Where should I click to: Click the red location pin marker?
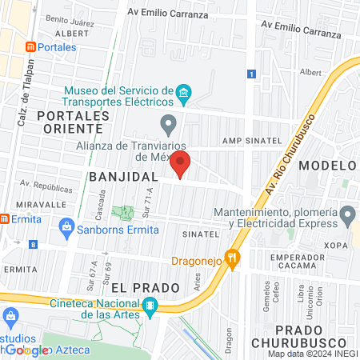click(180, 164)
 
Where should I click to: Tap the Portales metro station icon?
click(30, 47)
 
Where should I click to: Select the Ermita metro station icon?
click(5, 218)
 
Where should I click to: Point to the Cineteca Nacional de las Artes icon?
click(150, 305)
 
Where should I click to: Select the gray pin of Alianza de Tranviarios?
click(168, 124)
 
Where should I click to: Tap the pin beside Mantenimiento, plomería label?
click(347, 214)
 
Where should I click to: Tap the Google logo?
click(26, 350)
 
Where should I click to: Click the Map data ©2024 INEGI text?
click(312, 354)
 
